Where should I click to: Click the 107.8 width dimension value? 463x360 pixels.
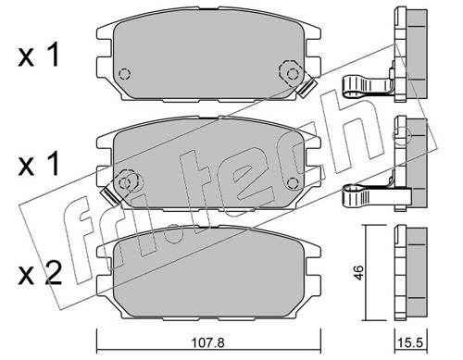pos(207,342)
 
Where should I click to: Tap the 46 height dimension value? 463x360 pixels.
pos(359,272)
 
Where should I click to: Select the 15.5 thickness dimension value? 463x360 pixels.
pos(411,343)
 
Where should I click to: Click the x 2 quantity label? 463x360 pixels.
pos(40,274)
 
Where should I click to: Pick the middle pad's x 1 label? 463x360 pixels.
pos(38,165)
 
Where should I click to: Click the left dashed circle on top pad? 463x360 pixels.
pos(124,74)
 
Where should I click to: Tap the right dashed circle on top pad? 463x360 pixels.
pos(292,74)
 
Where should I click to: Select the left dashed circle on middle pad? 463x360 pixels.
pos(125,183)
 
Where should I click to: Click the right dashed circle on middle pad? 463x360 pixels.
pos(293,183)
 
